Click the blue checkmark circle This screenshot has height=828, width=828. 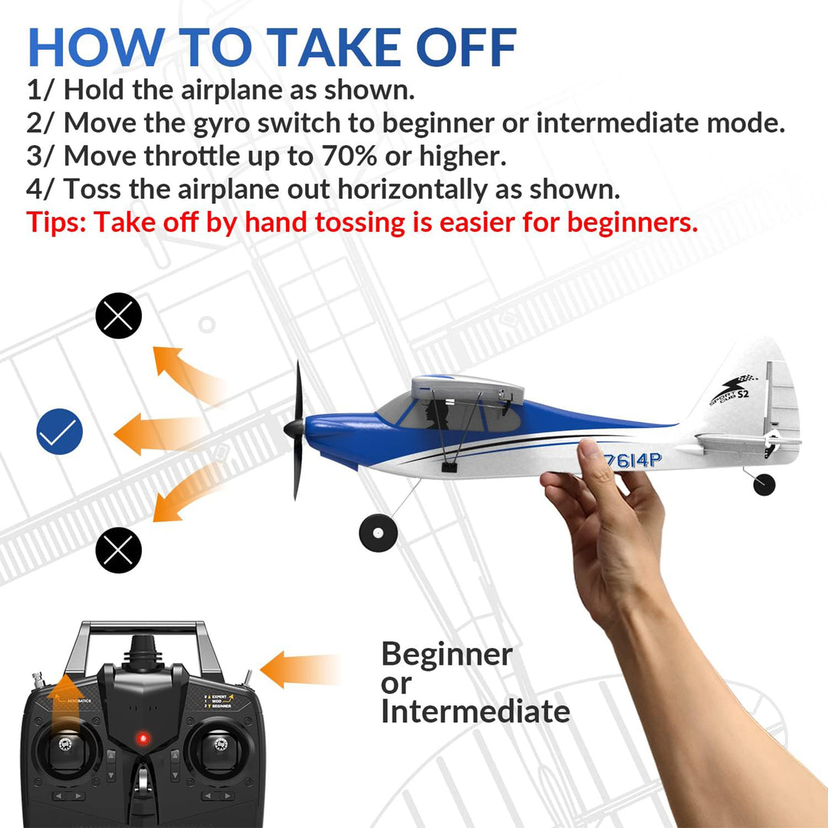[60, 434]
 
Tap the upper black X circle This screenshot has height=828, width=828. [118, 316]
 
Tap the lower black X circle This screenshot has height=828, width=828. [118, 549]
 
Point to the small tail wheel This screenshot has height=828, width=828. [764, 484]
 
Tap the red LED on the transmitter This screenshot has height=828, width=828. [141, 739]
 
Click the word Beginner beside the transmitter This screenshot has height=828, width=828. [446, 655]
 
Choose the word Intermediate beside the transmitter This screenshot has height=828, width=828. [475, 711]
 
